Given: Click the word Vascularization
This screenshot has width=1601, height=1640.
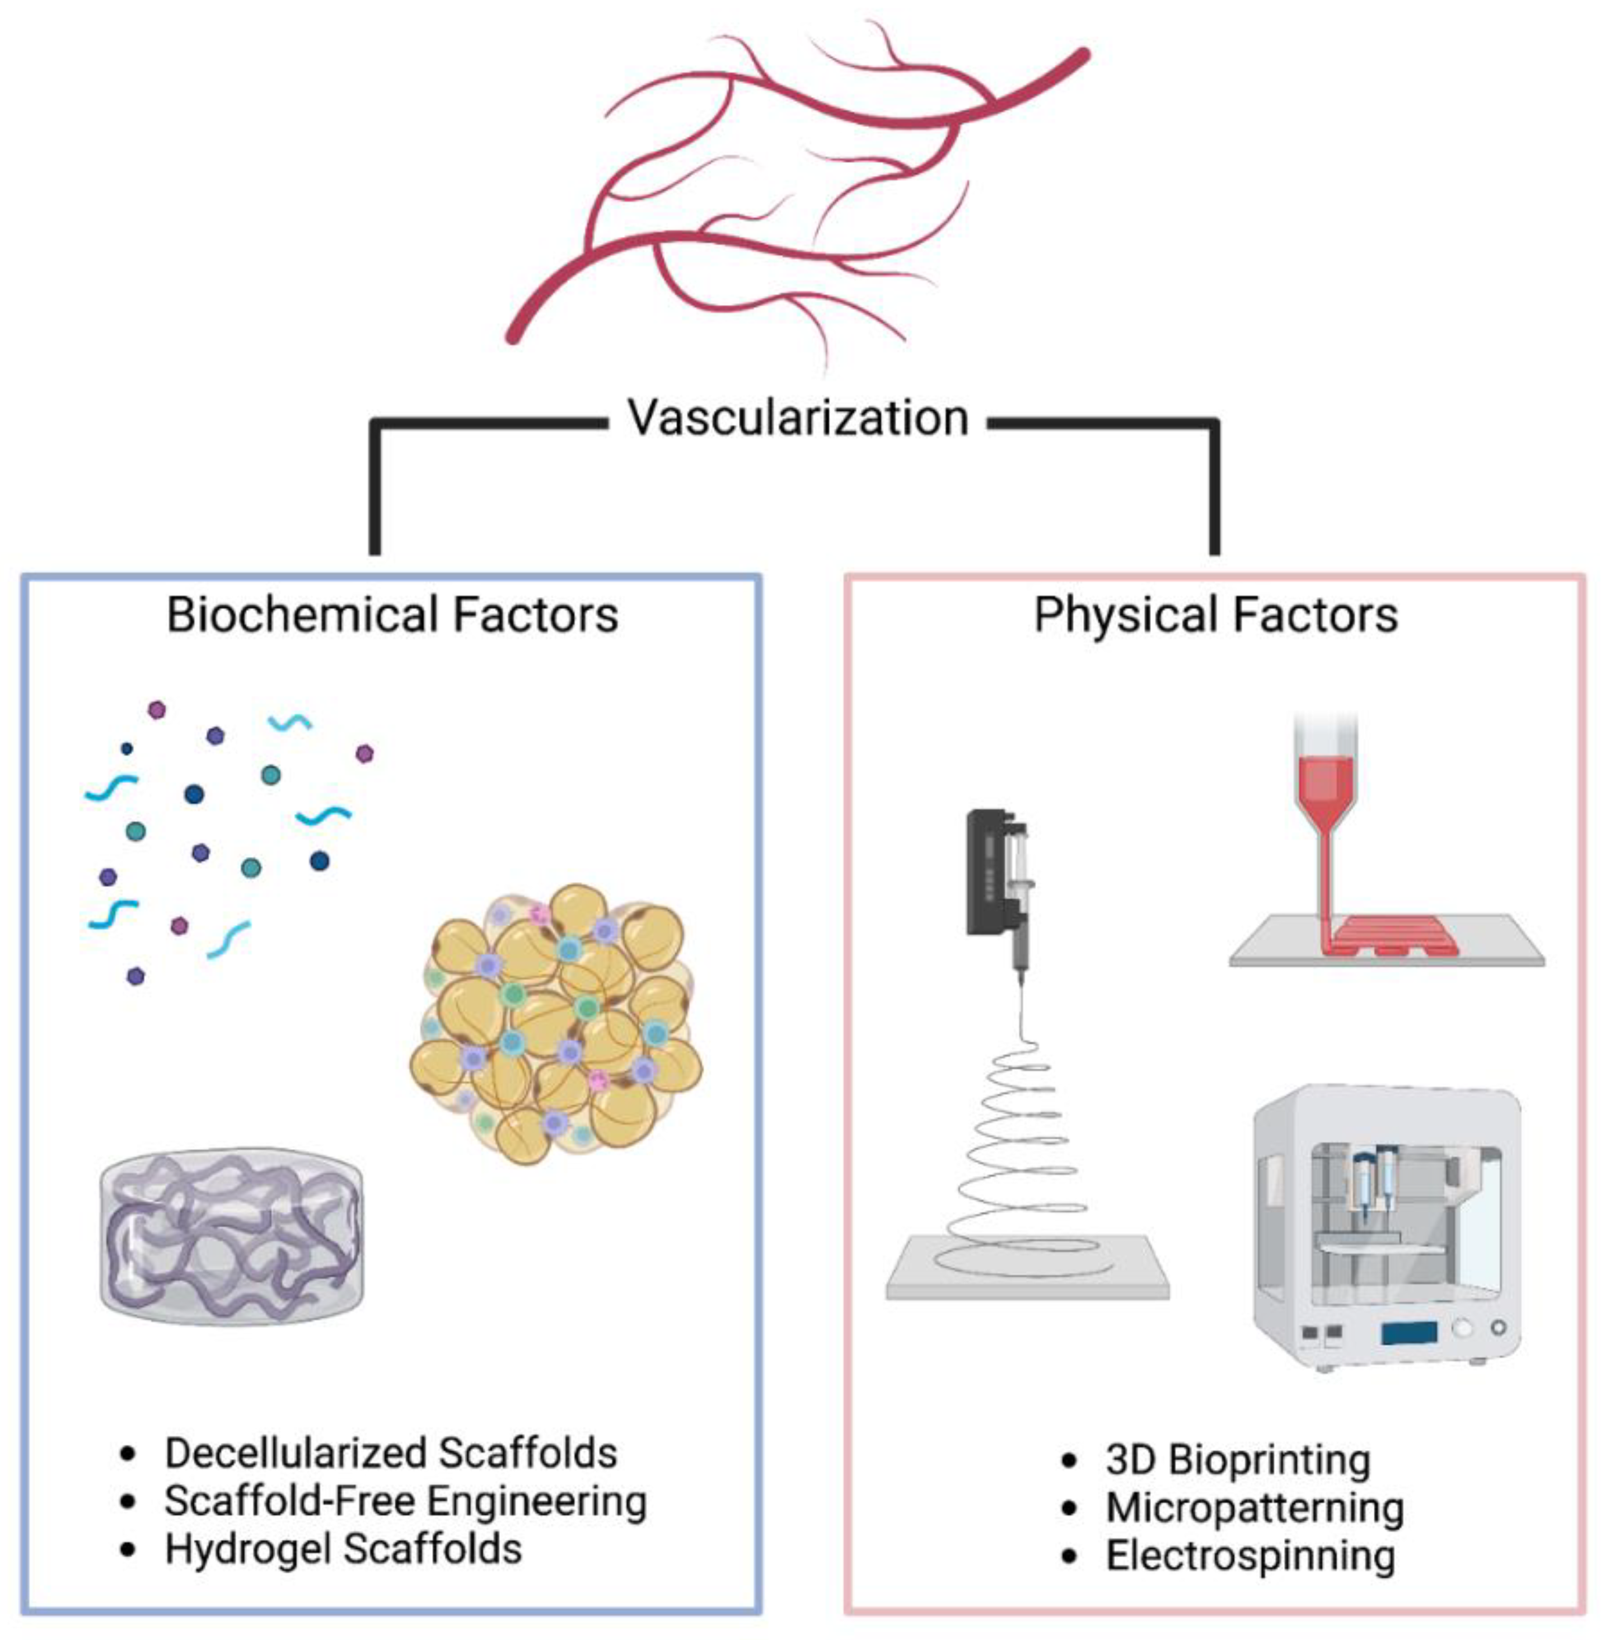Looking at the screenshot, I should [x=798, y=418].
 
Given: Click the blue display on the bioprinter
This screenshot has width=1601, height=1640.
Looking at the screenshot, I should [x=1408, y=1332].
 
